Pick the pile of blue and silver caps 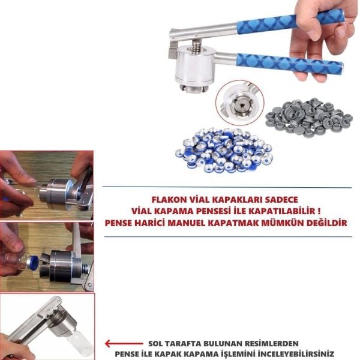[x=223, y=147]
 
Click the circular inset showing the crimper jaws [x=239, y=103]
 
